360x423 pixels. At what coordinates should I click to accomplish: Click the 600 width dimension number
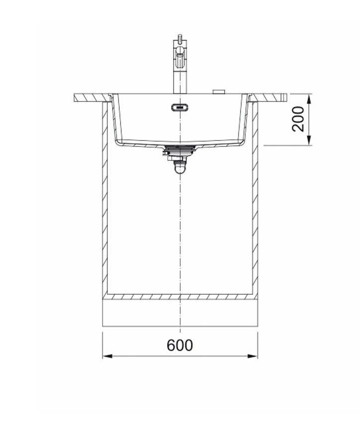point(180,345)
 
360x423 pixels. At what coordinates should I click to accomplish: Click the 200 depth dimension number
point(298,118)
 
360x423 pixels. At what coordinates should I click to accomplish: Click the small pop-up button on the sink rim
point(219,92)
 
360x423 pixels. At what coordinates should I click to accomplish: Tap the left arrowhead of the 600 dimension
point(106,356)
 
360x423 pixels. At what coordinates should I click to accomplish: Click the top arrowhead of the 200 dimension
point(310,98)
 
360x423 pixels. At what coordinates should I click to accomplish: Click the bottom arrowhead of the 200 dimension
point(310,141)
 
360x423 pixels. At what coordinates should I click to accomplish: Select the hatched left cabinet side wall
point(105,199)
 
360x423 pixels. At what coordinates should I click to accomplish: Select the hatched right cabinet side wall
point(255,199)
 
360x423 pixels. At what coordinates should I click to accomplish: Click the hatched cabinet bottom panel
point(180,297)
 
